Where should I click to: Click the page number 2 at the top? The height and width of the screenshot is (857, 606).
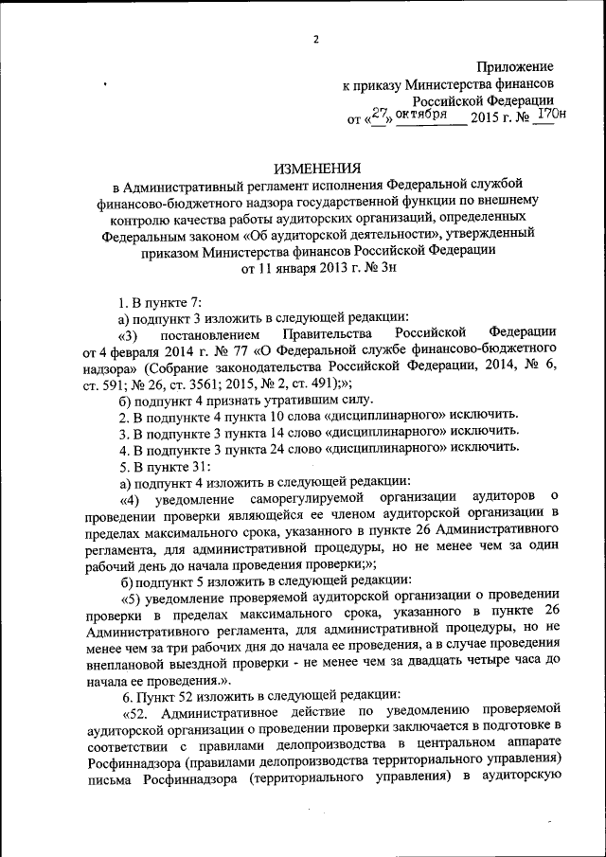[317, 39]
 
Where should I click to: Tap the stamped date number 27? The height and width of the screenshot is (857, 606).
[381, 114]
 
